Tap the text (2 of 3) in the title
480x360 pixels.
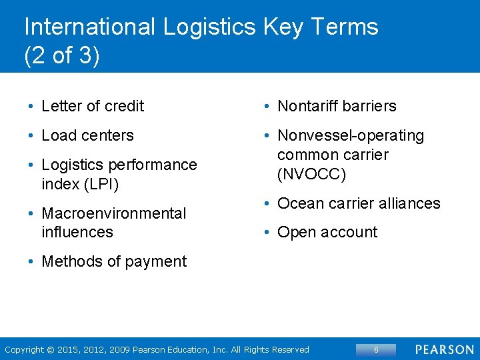pos(61,56)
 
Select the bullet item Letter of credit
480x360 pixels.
pos(93,106)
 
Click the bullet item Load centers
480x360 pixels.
pos(87,135)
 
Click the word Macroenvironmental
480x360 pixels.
pos(113,213)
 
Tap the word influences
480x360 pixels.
pos(77,232)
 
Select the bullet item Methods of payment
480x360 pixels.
pos(114,261)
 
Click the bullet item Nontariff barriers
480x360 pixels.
pos(337,106)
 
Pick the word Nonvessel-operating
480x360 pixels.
pos(351,135)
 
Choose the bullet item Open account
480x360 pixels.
pos(327,232)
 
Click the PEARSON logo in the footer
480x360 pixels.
pos(445,349)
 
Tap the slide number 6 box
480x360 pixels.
pos(376,349)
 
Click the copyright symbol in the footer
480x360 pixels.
pos(52,350)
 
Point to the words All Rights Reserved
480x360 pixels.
pos(269,350)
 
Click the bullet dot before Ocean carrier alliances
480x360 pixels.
pos(266,204)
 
